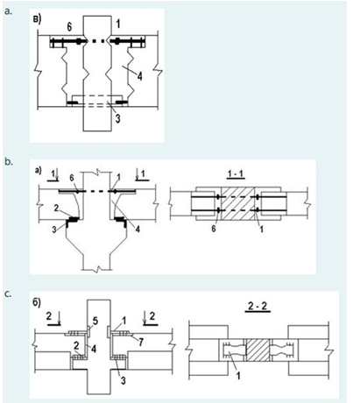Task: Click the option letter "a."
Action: coord(9,11)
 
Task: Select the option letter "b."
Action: coord(9,161)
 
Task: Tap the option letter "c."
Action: coord(8,294)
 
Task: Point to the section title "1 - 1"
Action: coord(236,174)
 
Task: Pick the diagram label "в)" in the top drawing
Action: coord(37,19)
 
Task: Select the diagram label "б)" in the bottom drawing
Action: coord(37,303)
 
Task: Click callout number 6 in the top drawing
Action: coord(69,27)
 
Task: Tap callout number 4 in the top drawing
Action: coord(140,76)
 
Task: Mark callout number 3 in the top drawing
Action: coord(117,118)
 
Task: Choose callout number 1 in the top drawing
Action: coord(118,24)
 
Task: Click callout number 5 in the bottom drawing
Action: coord(95,321)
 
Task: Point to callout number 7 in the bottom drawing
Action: coord(141,342)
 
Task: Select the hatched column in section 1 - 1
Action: coord(238,203)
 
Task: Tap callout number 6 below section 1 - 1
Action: coord(214,229)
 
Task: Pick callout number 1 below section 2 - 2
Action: coord(238,375)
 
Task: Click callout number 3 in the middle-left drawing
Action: coord(54,230)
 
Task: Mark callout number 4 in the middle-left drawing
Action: coord(138,229)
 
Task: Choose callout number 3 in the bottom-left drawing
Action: coord(124,380)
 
